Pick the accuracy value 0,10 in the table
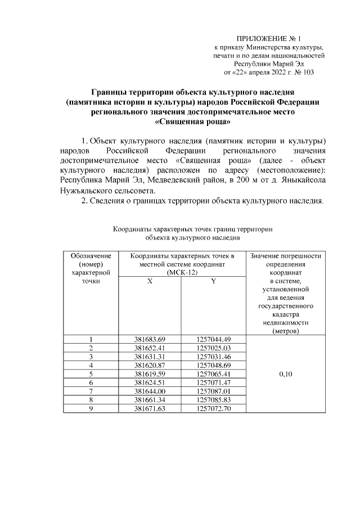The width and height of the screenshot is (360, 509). (285, 373)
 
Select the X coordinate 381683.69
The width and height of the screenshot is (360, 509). (150, 339)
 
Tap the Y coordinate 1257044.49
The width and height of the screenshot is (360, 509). (214, 339)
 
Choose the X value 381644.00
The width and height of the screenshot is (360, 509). (150, 390)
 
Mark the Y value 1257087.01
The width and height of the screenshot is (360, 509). (214, 390)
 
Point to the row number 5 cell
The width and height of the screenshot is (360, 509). (91, 373)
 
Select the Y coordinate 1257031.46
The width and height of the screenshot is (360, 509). (214, 357)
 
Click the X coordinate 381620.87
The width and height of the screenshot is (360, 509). (150, 365)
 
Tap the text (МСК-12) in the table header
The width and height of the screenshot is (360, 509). (181, 272)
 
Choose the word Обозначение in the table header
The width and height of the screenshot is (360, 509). (91, 256)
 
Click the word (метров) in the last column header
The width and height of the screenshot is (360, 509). (285, 331)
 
